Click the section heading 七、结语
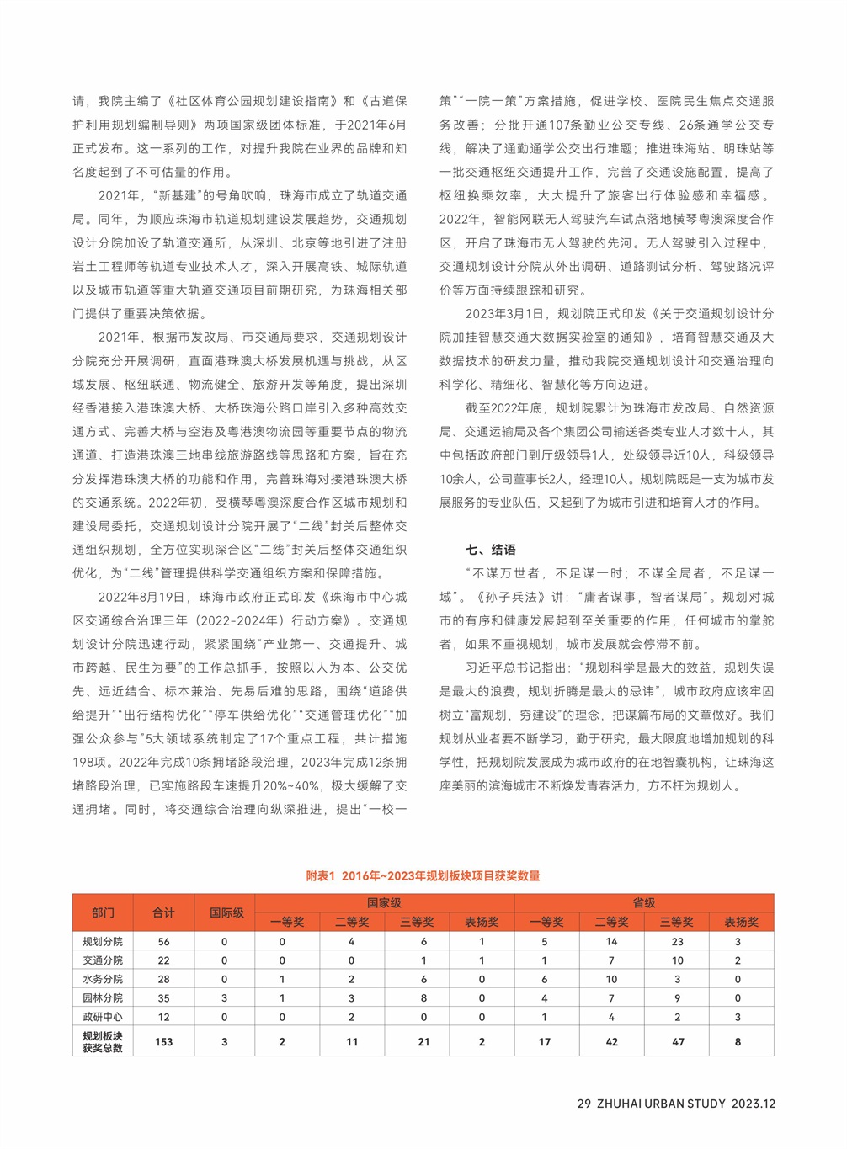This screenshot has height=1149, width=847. tap(491, 550)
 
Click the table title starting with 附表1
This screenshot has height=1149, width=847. tap(423, 875)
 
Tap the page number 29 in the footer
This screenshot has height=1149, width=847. tap(583, 1104)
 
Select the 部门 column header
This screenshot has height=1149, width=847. tap(103, 912)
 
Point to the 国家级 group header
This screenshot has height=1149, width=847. tap(384, 902)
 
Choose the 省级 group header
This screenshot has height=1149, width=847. tap(643, 902)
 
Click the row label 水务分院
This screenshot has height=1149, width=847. tap(103, 979)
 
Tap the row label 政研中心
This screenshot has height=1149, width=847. tap(103, 1017)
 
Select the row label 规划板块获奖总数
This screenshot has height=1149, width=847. tap(103, 1042)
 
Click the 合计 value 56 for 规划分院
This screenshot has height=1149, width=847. tap(163, 942)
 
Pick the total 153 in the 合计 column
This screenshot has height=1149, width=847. tap(163, 1042)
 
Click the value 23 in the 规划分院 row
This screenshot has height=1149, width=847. tap(677, 942)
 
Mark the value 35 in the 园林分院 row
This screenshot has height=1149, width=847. tap(163, 998)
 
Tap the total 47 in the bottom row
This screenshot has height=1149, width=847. tap(677, 1042)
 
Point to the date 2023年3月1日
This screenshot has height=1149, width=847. tap(504, 314)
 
